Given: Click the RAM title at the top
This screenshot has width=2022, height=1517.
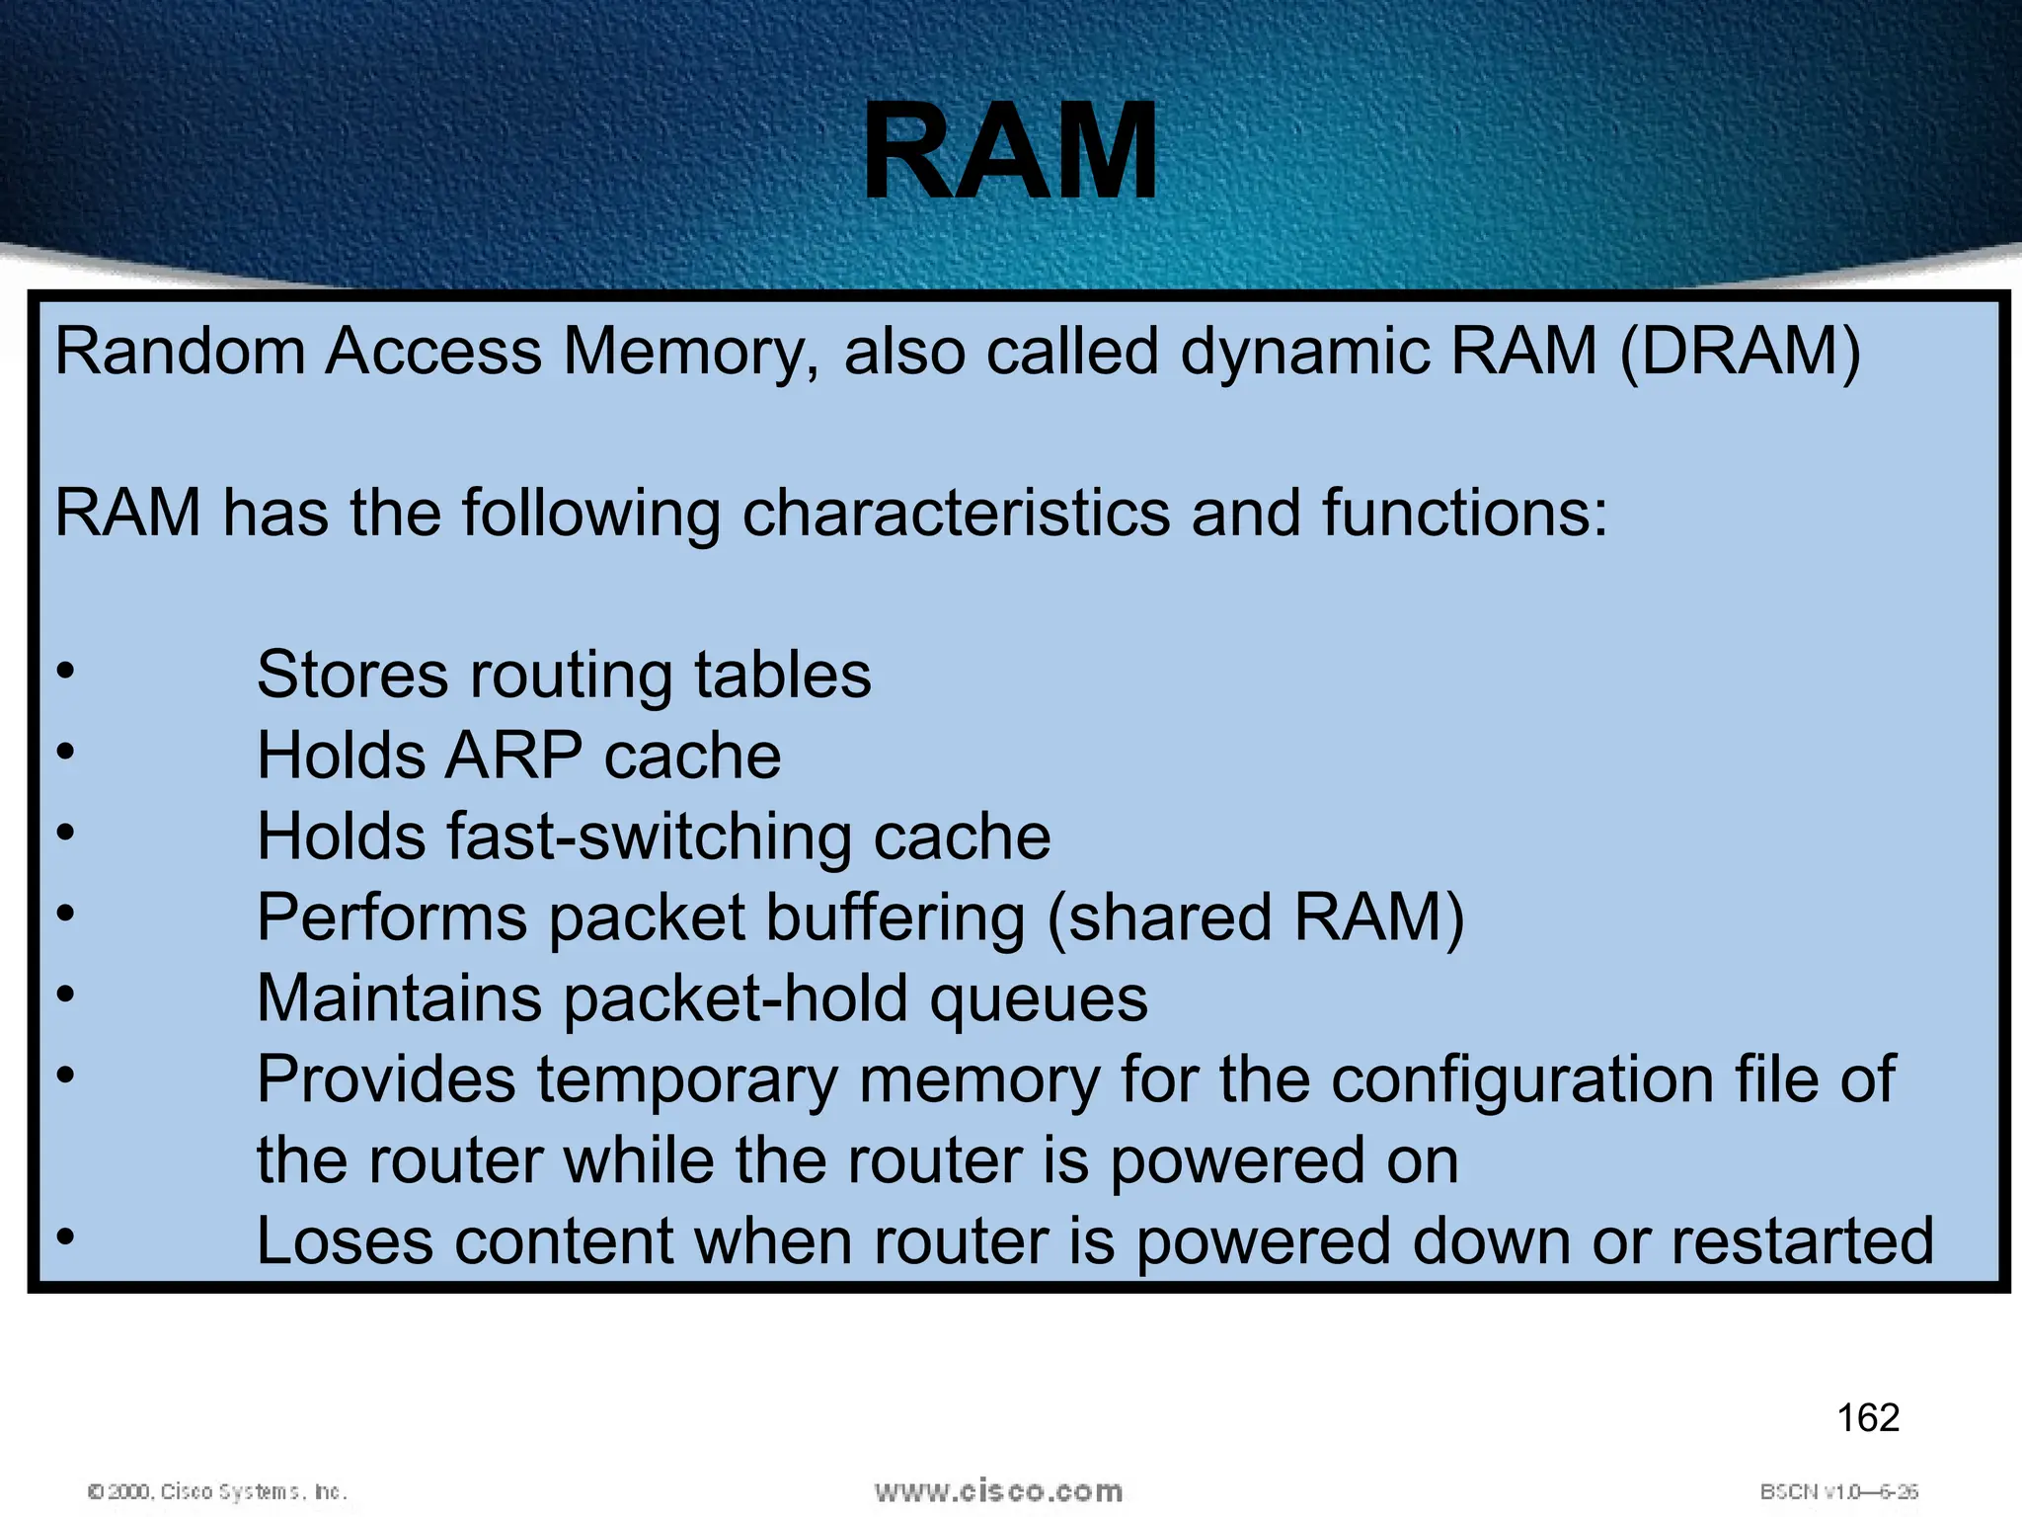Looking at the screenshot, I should click(1010, 153).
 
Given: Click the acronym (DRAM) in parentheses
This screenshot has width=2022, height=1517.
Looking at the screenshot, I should click(1740, 352).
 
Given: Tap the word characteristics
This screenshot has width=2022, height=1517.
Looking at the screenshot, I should click(955, 514).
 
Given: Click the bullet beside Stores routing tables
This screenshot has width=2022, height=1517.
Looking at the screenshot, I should click(65, 672).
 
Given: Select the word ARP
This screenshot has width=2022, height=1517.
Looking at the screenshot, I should click(513, 757).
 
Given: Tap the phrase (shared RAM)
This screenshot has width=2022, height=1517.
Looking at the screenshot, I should click(1255, 918).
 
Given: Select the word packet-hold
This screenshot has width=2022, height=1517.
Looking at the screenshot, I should click(735, 999).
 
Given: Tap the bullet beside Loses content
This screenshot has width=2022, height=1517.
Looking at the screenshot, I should click(65, 1237).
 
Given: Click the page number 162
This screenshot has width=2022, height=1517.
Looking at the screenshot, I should click(1867, 1418).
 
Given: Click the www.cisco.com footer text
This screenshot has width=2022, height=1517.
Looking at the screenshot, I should click(998, 1491).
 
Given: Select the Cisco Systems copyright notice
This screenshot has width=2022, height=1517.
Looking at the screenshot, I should click(217, 1491).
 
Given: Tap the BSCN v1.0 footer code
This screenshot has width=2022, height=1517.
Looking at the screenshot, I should click(1838, 1491).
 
